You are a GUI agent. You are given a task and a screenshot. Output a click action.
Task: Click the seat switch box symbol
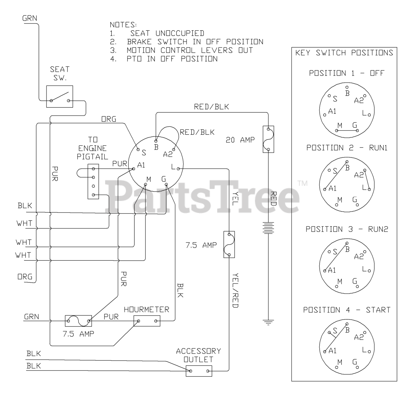pyautogui.click(x=60, y=96)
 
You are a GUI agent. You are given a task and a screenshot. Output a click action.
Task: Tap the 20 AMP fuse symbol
pyautogui.click(x=268, y=139)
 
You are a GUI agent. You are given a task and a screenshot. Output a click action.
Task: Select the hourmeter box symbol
pyautogui.click(x=147, y=321)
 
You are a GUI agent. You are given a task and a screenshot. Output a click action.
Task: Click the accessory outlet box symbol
pyautogui.click(x=199, y=371)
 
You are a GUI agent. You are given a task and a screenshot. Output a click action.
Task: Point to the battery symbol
pyautogui.click(x=268, y=228)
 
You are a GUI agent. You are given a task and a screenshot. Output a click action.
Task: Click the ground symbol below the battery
pyautogui.click(x=268, y=321)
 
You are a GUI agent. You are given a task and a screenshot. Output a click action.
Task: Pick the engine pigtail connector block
pyautogui.click(x=93, y=181)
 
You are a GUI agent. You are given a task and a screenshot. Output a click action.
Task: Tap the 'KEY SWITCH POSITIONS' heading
pyautogui.click(x=344, y=53)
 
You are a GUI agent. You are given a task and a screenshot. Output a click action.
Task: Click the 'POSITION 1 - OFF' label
pyautogui.click(x=347, y=73)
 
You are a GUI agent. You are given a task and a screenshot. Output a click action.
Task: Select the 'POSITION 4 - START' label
pyautogui.click(x=347, y=310)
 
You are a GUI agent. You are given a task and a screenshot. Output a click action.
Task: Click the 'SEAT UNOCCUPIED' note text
pyautogui.click(x=167, y=33)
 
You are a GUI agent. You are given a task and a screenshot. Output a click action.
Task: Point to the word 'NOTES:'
pyautogui.click(x=123, y=25)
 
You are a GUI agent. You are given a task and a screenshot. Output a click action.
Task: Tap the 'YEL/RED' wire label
pyautogui.click(x=235, y=290)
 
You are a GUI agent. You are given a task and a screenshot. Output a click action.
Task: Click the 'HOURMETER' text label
pyautogui.click(x=146, y=310)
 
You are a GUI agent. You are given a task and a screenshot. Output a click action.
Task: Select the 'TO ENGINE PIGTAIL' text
pyautogui.click(x=93, y=148)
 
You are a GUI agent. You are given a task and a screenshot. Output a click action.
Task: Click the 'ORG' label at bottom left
pyautogui.click(x=25, y=277)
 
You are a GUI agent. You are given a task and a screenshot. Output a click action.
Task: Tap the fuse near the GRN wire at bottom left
pyautogui.click(x=78, y=321)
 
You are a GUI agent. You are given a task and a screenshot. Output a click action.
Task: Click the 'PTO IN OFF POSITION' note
pyautogui.click(x=172, y=59)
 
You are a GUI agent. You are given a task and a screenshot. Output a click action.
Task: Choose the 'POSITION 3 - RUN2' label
pyautogui.click(x=347, y=229)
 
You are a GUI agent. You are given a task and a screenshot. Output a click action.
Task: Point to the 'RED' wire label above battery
pyautogui.click(x=273, y=199)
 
